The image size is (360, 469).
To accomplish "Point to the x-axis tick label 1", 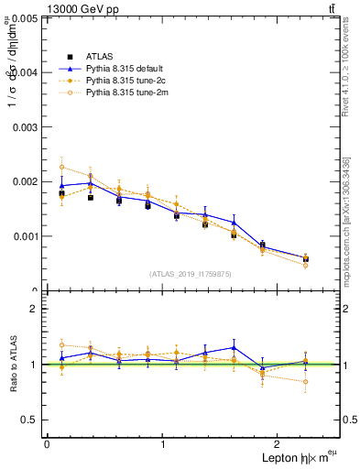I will click(x=163, y=444).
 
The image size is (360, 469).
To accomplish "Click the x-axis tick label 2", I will click(x=280, y=444).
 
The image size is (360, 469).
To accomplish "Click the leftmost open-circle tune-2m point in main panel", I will click(x=61, y=167).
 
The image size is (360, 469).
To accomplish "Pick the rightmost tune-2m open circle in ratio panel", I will click(x=305, y=382).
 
